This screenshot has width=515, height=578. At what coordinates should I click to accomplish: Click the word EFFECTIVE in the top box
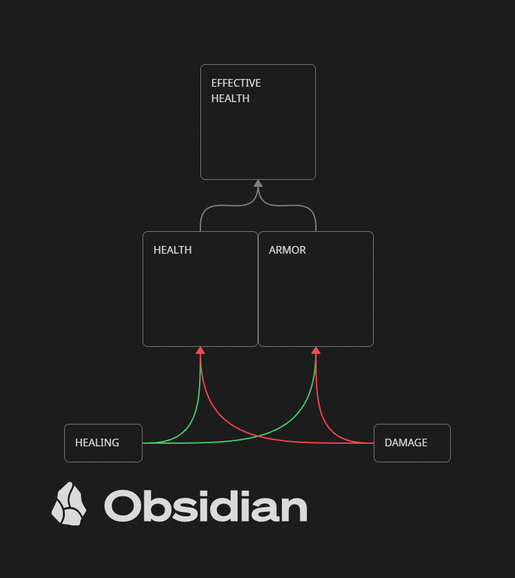pos(236,83)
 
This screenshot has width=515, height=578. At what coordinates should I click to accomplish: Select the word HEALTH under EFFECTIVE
pos(231,98)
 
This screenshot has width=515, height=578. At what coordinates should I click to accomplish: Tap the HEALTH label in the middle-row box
pos(173,250)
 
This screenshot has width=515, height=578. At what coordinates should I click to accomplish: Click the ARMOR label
pos(287,250)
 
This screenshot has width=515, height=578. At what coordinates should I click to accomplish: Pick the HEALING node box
pos(103,442)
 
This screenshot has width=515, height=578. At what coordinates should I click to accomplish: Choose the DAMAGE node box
pos(412,442)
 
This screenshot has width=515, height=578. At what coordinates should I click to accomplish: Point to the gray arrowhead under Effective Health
pos(258,183)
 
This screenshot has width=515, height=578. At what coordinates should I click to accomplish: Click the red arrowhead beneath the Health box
pos(200,350)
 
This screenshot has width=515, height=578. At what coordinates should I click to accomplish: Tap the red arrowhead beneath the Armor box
pos(316,350)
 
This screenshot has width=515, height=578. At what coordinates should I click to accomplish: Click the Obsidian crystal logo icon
pos(69,504)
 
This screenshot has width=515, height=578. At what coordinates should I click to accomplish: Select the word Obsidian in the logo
pos(205,505)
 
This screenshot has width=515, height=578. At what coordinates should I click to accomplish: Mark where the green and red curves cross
pos(258,436)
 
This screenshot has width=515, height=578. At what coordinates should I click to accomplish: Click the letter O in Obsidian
pos(121,506)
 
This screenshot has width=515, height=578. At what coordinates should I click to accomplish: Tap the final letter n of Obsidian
pos(293,509)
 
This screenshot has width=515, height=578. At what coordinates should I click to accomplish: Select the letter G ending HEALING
pos(115,442)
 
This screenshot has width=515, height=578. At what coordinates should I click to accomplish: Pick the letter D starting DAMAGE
pos(388,442)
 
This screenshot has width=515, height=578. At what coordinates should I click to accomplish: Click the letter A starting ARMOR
pos(273,250)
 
